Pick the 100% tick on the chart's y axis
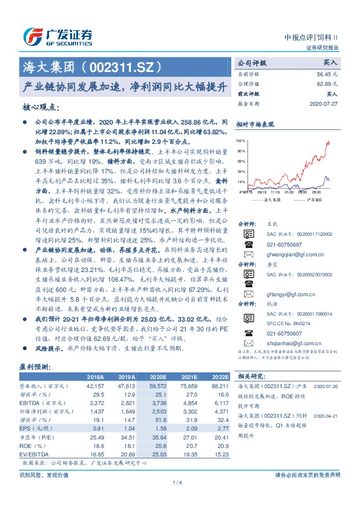pos(241,140)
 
